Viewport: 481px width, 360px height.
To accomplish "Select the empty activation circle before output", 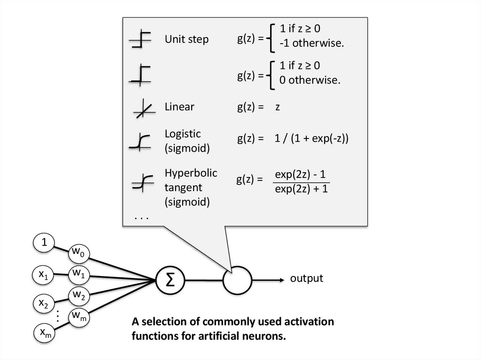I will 237,280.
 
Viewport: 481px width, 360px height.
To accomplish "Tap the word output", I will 306,278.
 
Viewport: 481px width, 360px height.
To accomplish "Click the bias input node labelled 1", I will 44,243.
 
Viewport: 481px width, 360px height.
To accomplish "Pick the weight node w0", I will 78,253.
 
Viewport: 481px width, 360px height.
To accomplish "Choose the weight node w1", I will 78,273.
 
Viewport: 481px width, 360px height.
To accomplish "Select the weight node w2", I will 78,295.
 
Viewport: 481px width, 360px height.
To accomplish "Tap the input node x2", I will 43,304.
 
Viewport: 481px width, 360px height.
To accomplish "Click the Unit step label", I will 186,39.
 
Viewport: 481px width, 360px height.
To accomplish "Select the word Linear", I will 179,107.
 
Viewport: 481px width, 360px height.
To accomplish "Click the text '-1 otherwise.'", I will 311,44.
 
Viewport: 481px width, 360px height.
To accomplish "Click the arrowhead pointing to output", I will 282,280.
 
